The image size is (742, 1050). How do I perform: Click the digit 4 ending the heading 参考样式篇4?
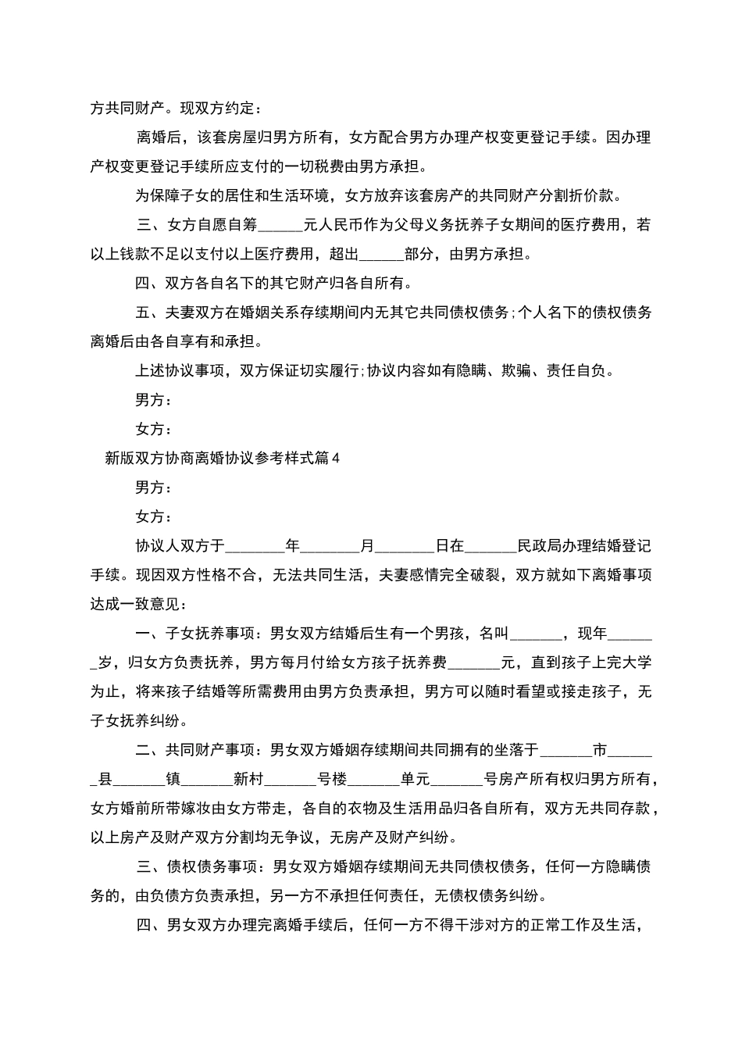(x=337, y=459)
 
